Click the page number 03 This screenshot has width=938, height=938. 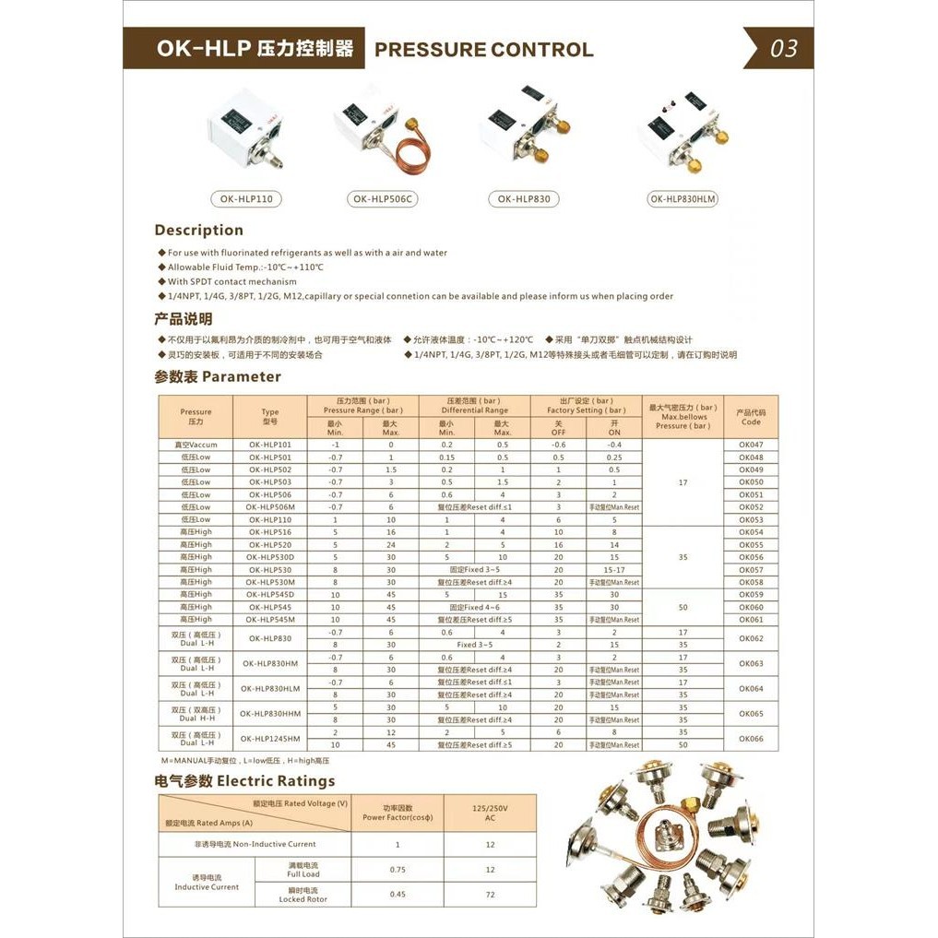pos(783,49)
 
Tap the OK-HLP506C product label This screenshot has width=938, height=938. pos(382,198)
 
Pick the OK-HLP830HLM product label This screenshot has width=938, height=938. pos(683,198)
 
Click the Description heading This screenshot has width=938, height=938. pos(198,231)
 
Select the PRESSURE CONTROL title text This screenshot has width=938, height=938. pos(483,50)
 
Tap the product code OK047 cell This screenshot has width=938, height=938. pos(751,445)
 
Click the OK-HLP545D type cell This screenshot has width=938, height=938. pos(269,595)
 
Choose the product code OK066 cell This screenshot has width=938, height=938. pos(751,738)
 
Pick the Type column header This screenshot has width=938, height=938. pos(269,416)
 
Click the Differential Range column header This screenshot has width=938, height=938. pos(474,406)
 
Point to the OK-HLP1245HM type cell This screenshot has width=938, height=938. pos(269,738)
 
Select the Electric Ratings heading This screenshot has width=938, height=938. pos(244,781)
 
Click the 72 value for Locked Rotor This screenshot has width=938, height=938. pos(490,895)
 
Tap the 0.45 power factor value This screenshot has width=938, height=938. pos(398,895)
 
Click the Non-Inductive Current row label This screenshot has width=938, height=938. pos(255,844)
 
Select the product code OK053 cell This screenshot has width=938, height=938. pos(751,519)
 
